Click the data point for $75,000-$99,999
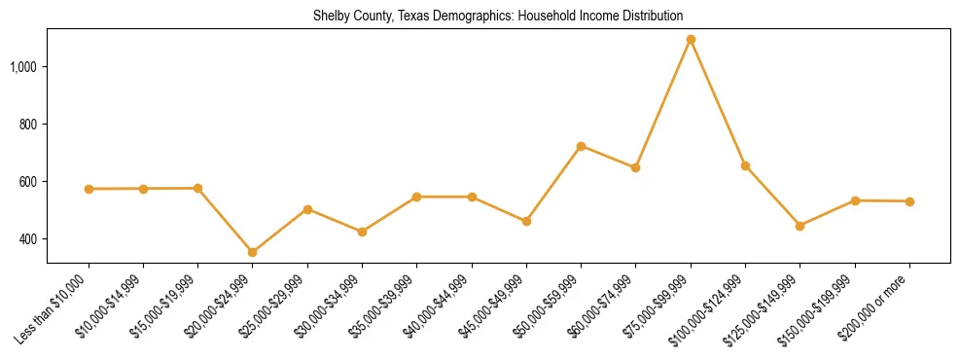pos(691,40)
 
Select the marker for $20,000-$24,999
pos(253,252)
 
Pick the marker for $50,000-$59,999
pos(581,146)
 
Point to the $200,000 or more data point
pos(909,201)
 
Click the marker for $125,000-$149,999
pos(800,226)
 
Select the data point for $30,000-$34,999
pos(362,232)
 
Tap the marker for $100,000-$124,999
pos(745,165)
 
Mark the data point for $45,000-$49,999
pos(526,221)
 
